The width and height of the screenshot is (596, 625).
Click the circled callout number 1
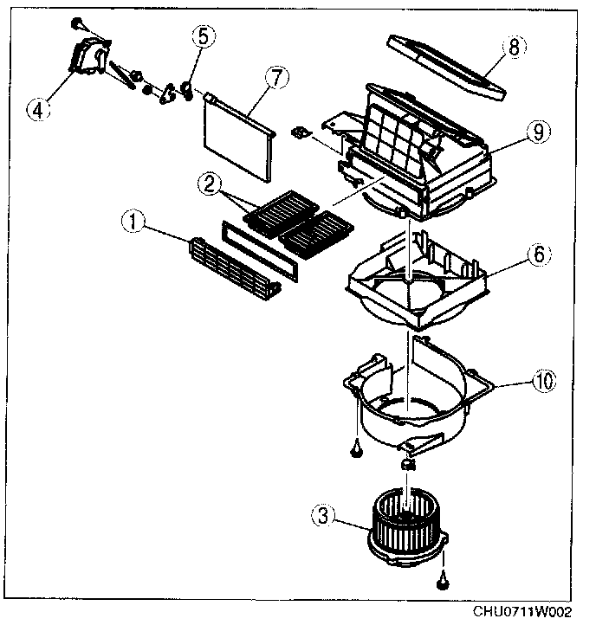[x=133, y=222]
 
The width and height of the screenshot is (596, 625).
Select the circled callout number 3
[x=322, y=516]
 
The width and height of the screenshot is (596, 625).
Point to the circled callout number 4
[x=36, y=109]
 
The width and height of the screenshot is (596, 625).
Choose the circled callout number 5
[x=202, y=36]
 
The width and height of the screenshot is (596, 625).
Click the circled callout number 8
[x=513, y=48]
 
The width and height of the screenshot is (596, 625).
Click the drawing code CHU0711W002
[x=522, y=612]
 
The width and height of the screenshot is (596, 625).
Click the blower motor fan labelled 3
[x=408, y=525]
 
